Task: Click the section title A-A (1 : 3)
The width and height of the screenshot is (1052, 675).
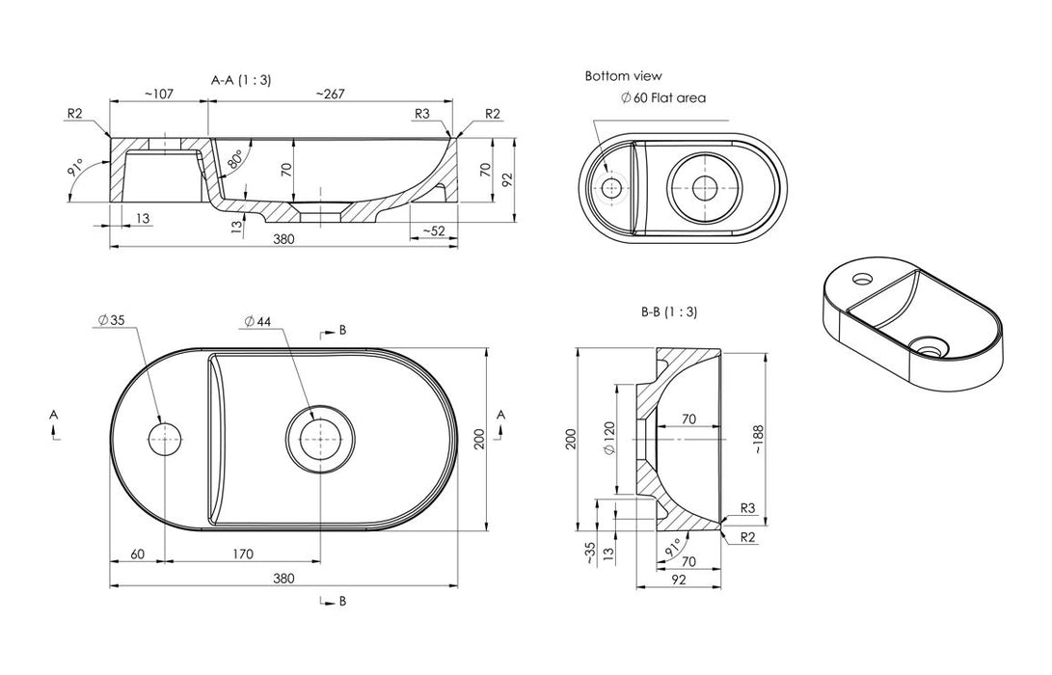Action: click(241, 80)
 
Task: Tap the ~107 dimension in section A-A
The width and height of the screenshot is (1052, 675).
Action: click(159, 94)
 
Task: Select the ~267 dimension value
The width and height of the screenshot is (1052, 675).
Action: click(330, 94)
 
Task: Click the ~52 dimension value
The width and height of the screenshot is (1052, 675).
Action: click(433, 230)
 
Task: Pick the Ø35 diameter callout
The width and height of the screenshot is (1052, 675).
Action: click(111, 320)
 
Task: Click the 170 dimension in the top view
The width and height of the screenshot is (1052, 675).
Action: click(242, 554)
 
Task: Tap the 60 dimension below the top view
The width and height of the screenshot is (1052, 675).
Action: click(137, 554)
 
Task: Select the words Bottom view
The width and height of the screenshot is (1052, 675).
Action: click(623, 76)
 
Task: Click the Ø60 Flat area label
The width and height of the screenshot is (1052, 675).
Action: click(663, 98)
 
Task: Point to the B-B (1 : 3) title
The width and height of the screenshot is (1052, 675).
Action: click(669, 311)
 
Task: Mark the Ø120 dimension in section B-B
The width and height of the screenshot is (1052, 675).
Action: click(609, 438)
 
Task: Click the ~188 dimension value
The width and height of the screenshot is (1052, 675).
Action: click(758, 440)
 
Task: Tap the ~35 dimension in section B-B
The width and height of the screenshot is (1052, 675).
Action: click(590, 552)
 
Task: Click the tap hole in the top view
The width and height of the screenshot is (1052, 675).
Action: click(164, 439)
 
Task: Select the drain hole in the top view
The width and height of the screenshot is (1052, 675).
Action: click(321, 439)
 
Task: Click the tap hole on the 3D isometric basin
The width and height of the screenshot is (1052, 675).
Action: click(860, 277)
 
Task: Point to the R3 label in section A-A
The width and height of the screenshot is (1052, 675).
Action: click(422, 114)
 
